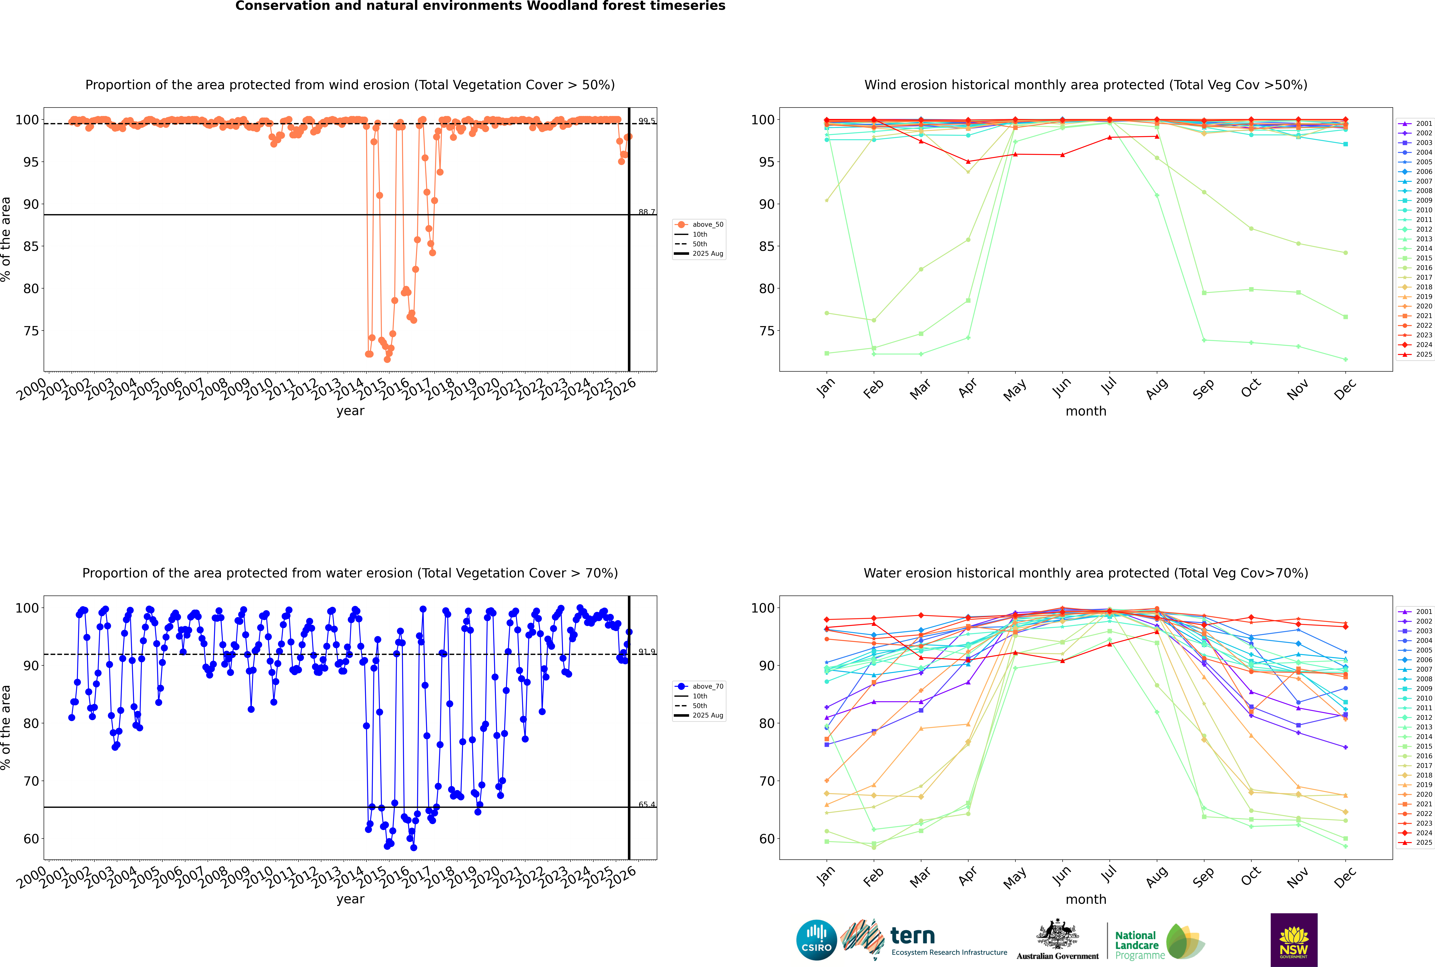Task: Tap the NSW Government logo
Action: (x=1294, y=939)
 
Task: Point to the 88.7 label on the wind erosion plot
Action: (x=647, y=212)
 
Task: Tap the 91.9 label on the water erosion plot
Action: (x=647, y=652)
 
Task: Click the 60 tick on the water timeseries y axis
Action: (x=31, y=839)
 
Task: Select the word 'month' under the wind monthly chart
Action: (x=1086, y=411)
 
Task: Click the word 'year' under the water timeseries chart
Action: (x=350, y=899)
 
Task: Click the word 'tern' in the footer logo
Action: (x=912, y=936)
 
